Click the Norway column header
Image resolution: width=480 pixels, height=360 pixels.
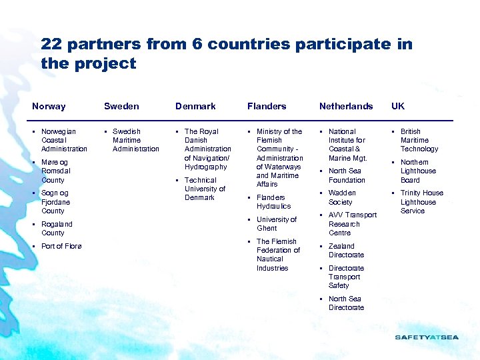tap(49, 106)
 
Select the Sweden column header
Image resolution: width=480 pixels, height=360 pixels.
tap(121, 106)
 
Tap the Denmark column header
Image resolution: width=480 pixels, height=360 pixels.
tap(195, 106)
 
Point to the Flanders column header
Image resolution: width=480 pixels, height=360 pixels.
tap(267, 106)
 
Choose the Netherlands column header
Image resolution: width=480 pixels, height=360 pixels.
tap(346, 106)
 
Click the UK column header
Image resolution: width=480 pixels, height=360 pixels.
tap(398, 106)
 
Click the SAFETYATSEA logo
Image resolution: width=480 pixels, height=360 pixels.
tap(427, 337)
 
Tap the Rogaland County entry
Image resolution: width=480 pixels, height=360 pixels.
tap(57, 229)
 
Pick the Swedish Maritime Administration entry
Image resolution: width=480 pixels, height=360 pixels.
tap(135, 140)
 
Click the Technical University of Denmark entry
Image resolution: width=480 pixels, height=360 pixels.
tap(205, 189)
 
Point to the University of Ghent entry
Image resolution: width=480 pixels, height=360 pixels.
tap(276, 224)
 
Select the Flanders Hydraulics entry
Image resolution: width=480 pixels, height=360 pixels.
tap(273, 202)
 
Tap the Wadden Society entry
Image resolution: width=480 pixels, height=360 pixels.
tap(341, 197)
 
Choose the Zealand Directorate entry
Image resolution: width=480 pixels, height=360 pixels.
tap(346, 251)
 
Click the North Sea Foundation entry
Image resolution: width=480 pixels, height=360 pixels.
tap(347, 175)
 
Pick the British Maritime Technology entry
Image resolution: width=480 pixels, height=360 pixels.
tap(419, 140)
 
